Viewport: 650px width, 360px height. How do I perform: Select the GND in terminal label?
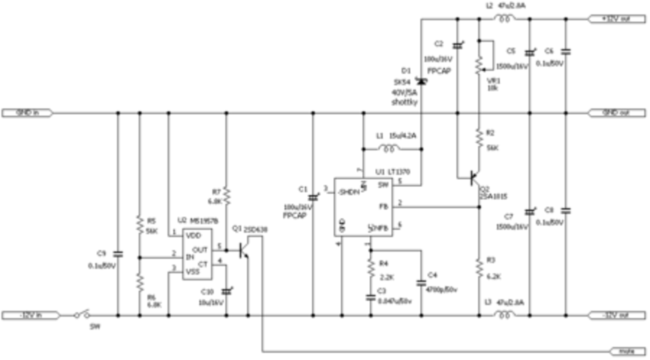point(28,113)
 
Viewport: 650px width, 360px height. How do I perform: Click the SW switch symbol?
point(82,315)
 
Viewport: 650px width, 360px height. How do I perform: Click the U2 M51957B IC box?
point(197,254)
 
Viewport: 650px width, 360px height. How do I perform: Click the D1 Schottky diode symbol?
point(421,81)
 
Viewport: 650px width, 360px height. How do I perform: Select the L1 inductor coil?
point(388,149)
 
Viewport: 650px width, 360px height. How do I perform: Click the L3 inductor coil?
point(504,315)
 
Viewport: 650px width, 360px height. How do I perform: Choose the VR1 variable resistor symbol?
point(479,64)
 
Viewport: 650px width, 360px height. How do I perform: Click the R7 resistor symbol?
point(226,196)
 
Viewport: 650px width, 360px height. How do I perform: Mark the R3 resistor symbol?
point(479,268)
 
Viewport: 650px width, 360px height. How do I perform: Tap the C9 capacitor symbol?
point(118,254)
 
